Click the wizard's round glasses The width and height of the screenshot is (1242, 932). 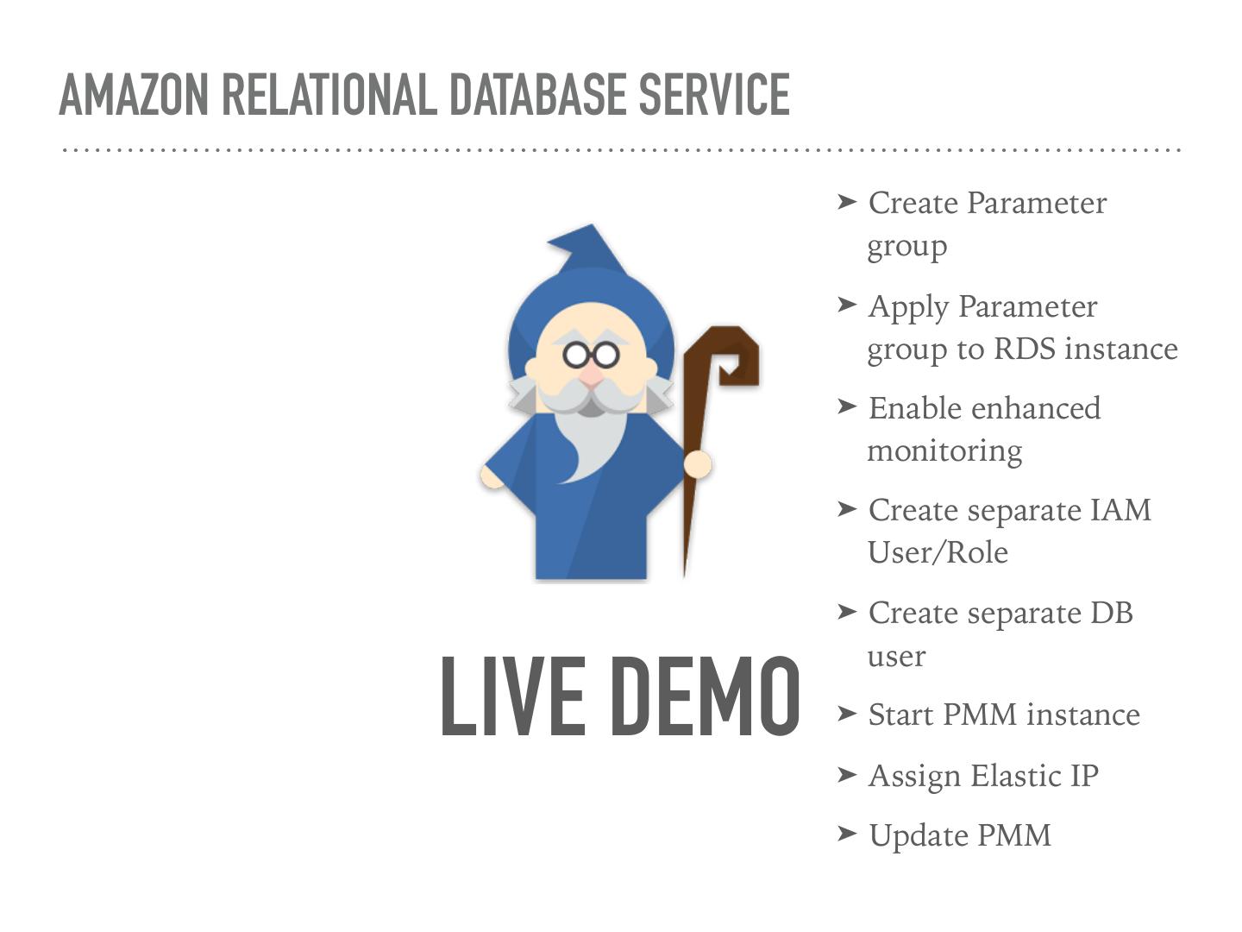(x=591, y=355)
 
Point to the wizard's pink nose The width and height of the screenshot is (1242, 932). (x=592, y=376)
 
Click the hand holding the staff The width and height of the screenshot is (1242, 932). (x=698, y=463)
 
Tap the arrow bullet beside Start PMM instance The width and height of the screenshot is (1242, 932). (x=847, y=714)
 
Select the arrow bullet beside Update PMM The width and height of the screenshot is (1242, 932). (x=847, y=834)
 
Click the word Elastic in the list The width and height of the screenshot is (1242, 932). (x=1017, y=775)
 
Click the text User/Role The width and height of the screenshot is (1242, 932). (x=938, y=552)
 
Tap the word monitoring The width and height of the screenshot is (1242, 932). (x=944, y=450)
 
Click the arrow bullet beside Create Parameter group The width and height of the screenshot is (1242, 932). (x=847, y=202)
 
